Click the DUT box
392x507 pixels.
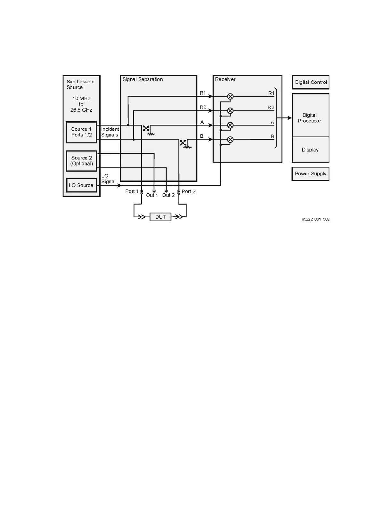(160, 217)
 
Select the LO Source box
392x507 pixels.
(81, 185)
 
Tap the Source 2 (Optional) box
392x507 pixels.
(82, 161)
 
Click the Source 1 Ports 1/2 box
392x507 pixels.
(81, 132)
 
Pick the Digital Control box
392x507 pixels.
(311, 82)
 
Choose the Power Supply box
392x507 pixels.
(310, 174)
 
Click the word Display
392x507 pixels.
(310, 150)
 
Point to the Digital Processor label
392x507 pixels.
(309, 118)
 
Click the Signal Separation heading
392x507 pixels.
(143, 79)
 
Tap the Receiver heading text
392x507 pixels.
(225, 79)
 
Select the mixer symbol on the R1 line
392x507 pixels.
(230, 96)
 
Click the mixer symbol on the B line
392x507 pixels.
(230, 140)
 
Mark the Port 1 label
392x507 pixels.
(132, 191)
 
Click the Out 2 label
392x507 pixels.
(168, 195)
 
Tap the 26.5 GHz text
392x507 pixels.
(81, 110)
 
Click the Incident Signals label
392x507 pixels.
(110, 132)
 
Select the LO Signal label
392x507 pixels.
(108, 179)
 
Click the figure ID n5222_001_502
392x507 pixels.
(315, 219)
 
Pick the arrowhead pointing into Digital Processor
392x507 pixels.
(290, 118)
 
